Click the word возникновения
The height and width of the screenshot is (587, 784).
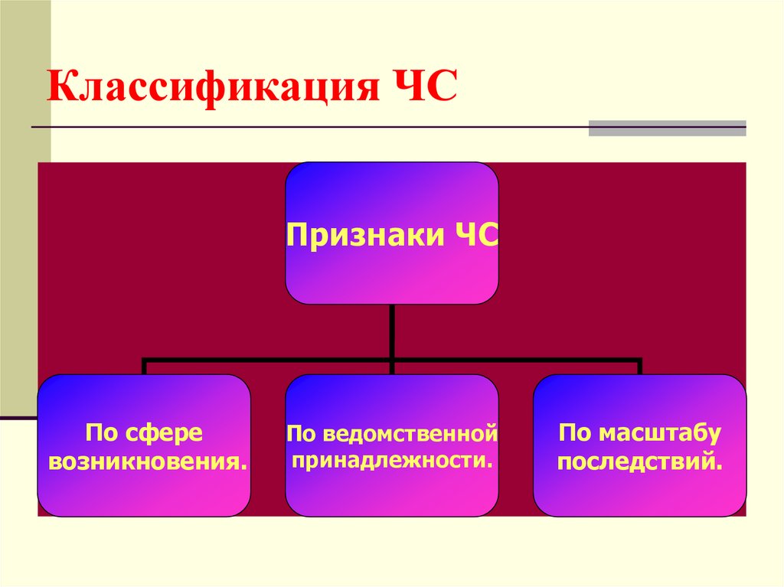(144, 461)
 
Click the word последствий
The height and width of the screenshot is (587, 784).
(639, 461)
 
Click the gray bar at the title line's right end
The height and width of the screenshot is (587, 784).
(667, 128)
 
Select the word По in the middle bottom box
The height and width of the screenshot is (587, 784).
(302, 434)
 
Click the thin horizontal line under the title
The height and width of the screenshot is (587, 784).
(306, 126)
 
